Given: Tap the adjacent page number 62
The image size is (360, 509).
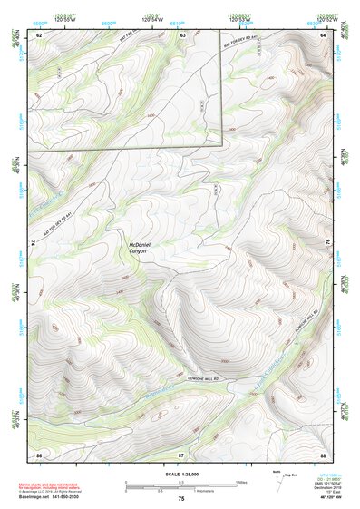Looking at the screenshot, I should pyautogui.click(x=39, y=34).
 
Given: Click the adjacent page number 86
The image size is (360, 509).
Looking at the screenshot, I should pyautogui.click(x=39, y=453).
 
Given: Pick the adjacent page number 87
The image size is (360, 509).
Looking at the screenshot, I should pyautogui.click(x=180, y=453).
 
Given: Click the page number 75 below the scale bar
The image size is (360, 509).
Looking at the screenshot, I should pyautogui.click(x=180, y=498).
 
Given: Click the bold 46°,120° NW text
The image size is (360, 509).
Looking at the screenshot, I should pyautogui.click(x=323, y=499).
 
